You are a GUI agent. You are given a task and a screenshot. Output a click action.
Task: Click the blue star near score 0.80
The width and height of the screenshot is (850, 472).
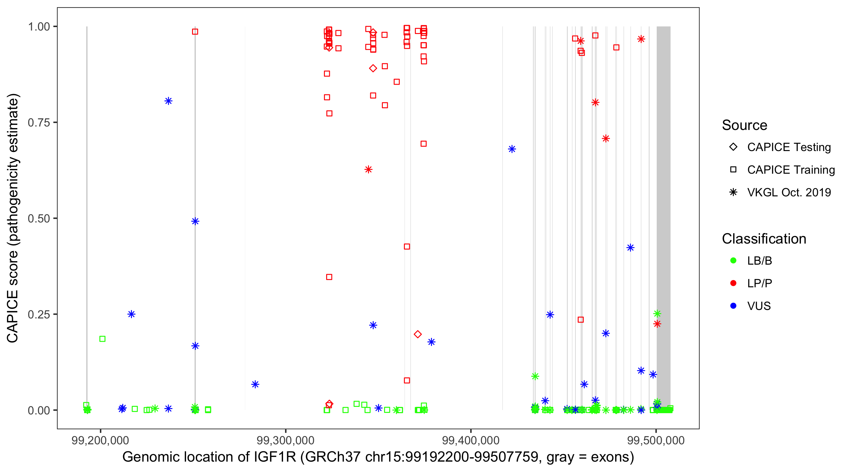(x=168, y=101)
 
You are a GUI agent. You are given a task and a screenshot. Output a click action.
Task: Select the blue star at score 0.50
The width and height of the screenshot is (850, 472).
(x=195, y=221)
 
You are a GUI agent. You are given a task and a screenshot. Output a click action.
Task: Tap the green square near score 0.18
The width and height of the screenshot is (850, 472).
(x=102, y=339)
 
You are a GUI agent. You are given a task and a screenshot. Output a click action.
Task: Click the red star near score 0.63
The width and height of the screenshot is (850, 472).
(x=368, y=170)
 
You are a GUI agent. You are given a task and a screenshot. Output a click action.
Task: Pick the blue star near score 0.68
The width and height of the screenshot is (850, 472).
(x=512, y=149)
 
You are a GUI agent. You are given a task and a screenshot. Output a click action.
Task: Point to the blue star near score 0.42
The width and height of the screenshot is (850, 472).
(x=630, y=247)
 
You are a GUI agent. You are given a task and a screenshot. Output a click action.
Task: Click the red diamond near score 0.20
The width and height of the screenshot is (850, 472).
(x=417, y=334)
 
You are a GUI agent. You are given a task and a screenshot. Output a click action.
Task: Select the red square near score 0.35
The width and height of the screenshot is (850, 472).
(x=329, y=277)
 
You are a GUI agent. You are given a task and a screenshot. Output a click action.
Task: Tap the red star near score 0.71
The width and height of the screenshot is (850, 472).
(x=605, y=138)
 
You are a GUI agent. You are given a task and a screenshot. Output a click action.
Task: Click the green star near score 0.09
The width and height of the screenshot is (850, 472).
(x=535, y=376)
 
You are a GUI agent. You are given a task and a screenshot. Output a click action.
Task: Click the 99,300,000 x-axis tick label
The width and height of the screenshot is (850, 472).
(x=286, y=440)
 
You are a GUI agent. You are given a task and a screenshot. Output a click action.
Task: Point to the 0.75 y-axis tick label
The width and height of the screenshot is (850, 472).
(x=38, y=122)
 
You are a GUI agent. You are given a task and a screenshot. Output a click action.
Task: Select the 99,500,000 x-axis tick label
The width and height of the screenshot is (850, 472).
(x=656, y=440)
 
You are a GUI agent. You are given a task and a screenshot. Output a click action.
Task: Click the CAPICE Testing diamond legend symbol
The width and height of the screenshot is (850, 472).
(x=733, y=147)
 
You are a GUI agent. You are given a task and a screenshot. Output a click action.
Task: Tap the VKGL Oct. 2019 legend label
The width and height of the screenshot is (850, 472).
(x=789, y=192)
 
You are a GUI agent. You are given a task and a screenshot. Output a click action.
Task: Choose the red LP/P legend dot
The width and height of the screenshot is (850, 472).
(x=733, y=283)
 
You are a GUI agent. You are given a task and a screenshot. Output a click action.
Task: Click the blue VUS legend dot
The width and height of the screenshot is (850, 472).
(x=733, y=306)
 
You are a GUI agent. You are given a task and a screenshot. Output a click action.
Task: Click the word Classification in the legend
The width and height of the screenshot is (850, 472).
(x=764, y=239)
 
